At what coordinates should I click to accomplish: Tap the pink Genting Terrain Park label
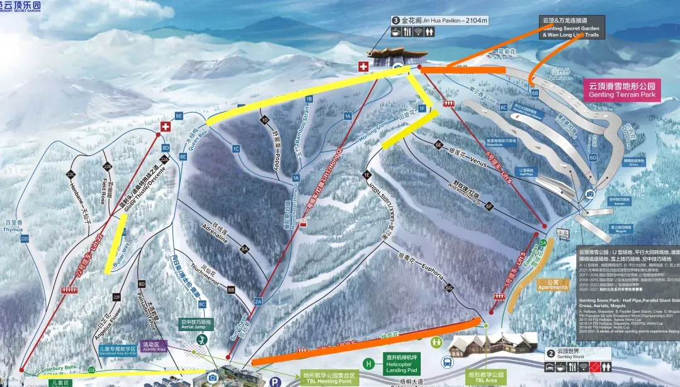pos(621,90)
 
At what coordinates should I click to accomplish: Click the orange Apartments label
pos(553,285)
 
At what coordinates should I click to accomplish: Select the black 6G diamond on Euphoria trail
pos(449,288)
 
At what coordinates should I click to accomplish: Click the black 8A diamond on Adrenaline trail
pos(245,250)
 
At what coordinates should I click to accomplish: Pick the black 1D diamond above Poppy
pos(264,120)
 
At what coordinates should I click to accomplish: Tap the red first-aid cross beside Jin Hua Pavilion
pos(363,66)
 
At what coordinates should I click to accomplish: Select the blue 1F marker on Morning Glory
pos(422,109)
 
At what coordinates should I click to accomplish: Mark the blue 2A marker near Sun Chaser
pos(258,302)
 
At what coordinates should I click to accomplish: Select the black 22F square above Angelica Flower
pos(116,296)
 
